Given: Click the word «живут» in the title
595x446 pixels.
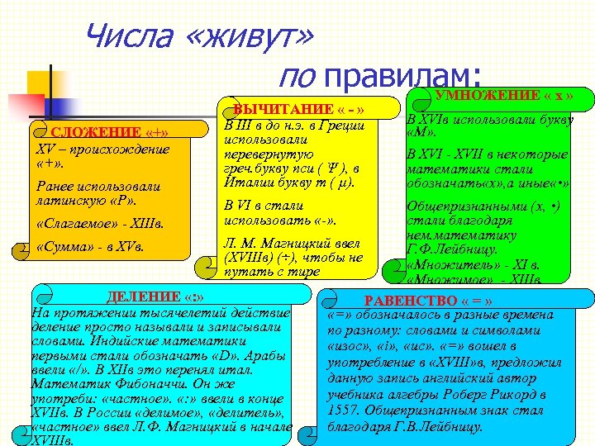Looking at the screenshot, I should (252, 36).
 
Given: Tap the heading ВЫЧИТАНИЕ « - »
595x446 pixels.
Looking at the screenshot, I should (300, 111).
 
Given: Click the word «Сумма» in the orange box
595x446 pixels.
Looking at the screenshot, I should (67, 247).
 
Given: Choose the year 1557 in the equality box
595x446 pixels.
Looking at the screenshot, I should (344, 411).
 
